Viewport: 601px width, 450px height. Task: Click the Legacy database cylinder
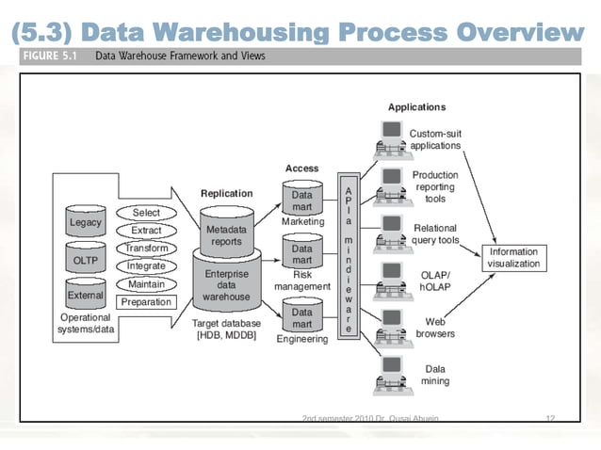(x=87, y=223)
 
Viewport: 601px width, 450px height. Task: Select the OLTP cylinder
(x=87, y=260)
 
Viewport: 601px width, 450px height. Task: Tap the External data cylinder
(x=87, y=295)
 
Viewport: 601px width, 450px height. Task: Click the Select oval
(x=146, y=213)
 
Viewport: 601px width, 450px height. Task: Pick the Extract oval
(x=146, y=231)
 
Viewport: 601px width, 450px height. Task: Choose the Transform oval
(x=146, y=249)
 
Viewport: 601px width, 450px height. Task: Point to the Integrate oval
(x=146, y=266)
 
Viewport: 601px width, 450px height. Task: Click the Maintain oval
(x=146, y=284)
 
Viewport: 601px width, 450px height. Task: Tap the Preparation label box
(x=146, y=302)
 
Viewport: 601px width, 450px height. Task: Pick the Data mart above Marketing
(x=301, y=200)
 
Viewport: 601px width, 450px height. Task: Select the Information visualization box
(x=513, y=258)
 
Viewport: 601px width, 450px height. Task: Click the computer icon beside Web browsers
(x=389, y=324)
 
